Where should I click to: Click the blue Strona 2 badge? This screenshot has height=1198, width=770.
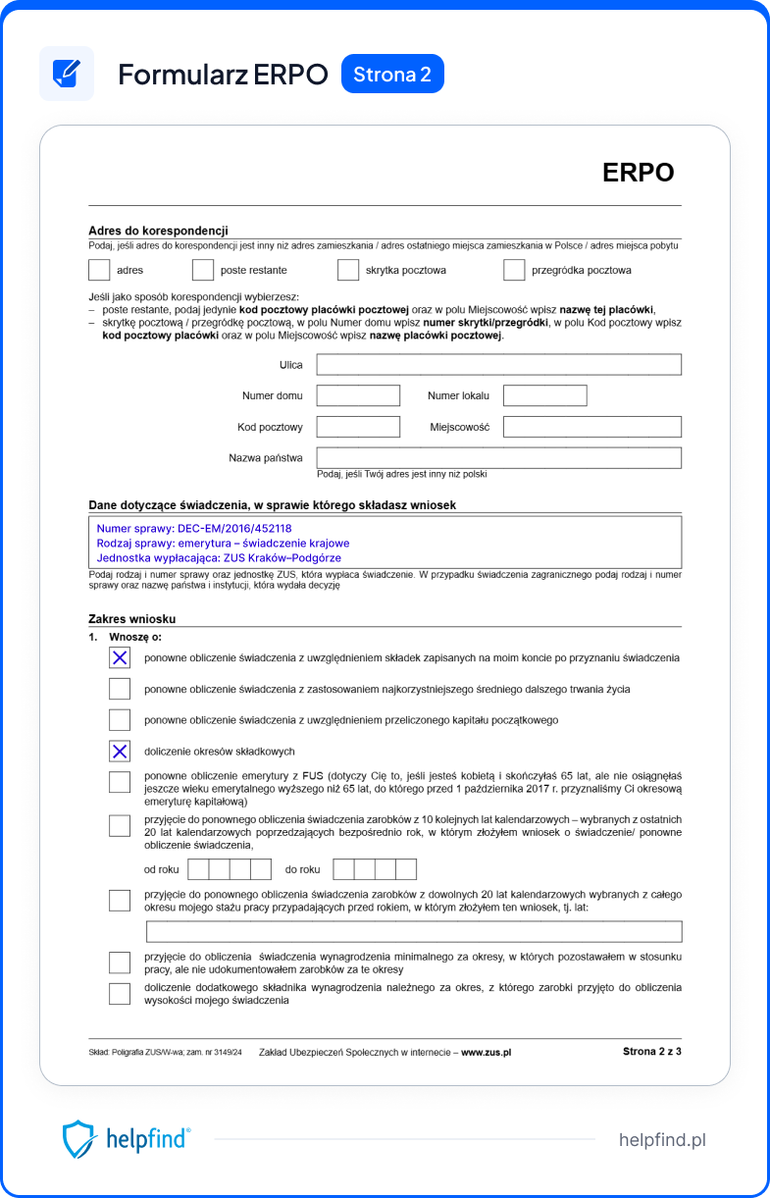point(392,75)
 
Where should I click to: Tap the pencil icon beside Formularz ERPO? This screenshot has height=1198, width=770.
point(67,74)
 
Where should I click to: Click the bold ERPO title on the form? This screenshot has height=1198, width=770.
point(638,173)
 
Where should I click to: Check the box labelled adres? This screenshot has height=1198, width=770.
point(99,270)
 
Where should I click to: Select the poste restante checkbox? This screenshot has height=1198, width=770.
point(203,270)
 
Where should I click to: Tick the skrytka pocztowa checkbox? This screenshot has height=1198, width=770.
point(348,270)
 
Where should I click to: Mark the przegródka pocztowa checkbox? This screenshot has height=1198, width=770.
point(514,270)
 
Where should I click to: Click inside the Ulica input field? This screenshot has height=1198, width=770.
point(498,365)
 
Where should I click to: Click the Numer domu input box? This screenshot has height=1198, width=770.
point(358,395)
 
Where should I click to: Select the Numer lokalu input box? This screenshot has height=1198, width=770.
point(544,395)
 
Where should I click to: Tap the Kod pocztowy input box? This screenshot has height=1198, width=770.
point(358,427)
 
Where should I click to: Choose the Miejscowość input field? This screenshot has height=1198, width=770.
point(591,427)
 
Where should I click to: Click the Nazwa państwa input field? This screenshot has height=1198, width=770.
point(498,458)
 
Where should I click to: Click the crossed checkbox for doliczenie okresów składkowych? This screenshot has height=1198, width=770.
point(120,752)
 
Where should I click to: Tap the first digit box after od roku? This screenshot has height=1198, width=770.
point(198,869)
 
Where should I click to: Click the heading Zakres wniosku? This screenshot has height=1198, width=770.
point(131,619)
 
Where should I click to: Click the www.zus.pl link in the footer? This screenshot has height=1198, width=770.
point(486,1052)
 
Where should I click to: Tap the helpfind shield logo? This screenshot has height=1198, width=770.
point(79,1140)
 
